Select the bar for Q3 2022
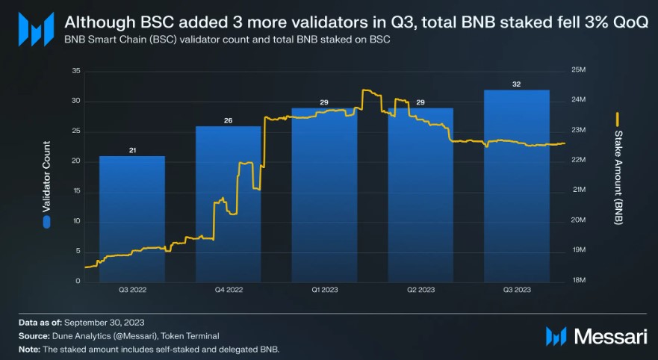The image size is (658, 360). click(132, 224)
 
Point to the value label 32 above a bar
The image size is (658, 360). click(516, 84)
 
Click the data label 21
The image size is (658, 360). click(132, 151)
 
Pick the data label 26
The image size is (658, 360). click(228, 121)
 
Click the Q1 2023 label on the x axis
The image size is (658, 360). click(324, 289)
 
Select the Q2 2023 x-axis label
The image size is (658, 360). click(420, 289)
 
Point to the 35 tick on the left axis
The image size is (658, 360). click(75, 71)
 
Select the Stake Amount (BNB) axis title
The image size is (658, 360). click(618, 177)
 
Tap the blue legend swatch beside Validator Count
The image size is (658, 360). click(47, 222)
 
